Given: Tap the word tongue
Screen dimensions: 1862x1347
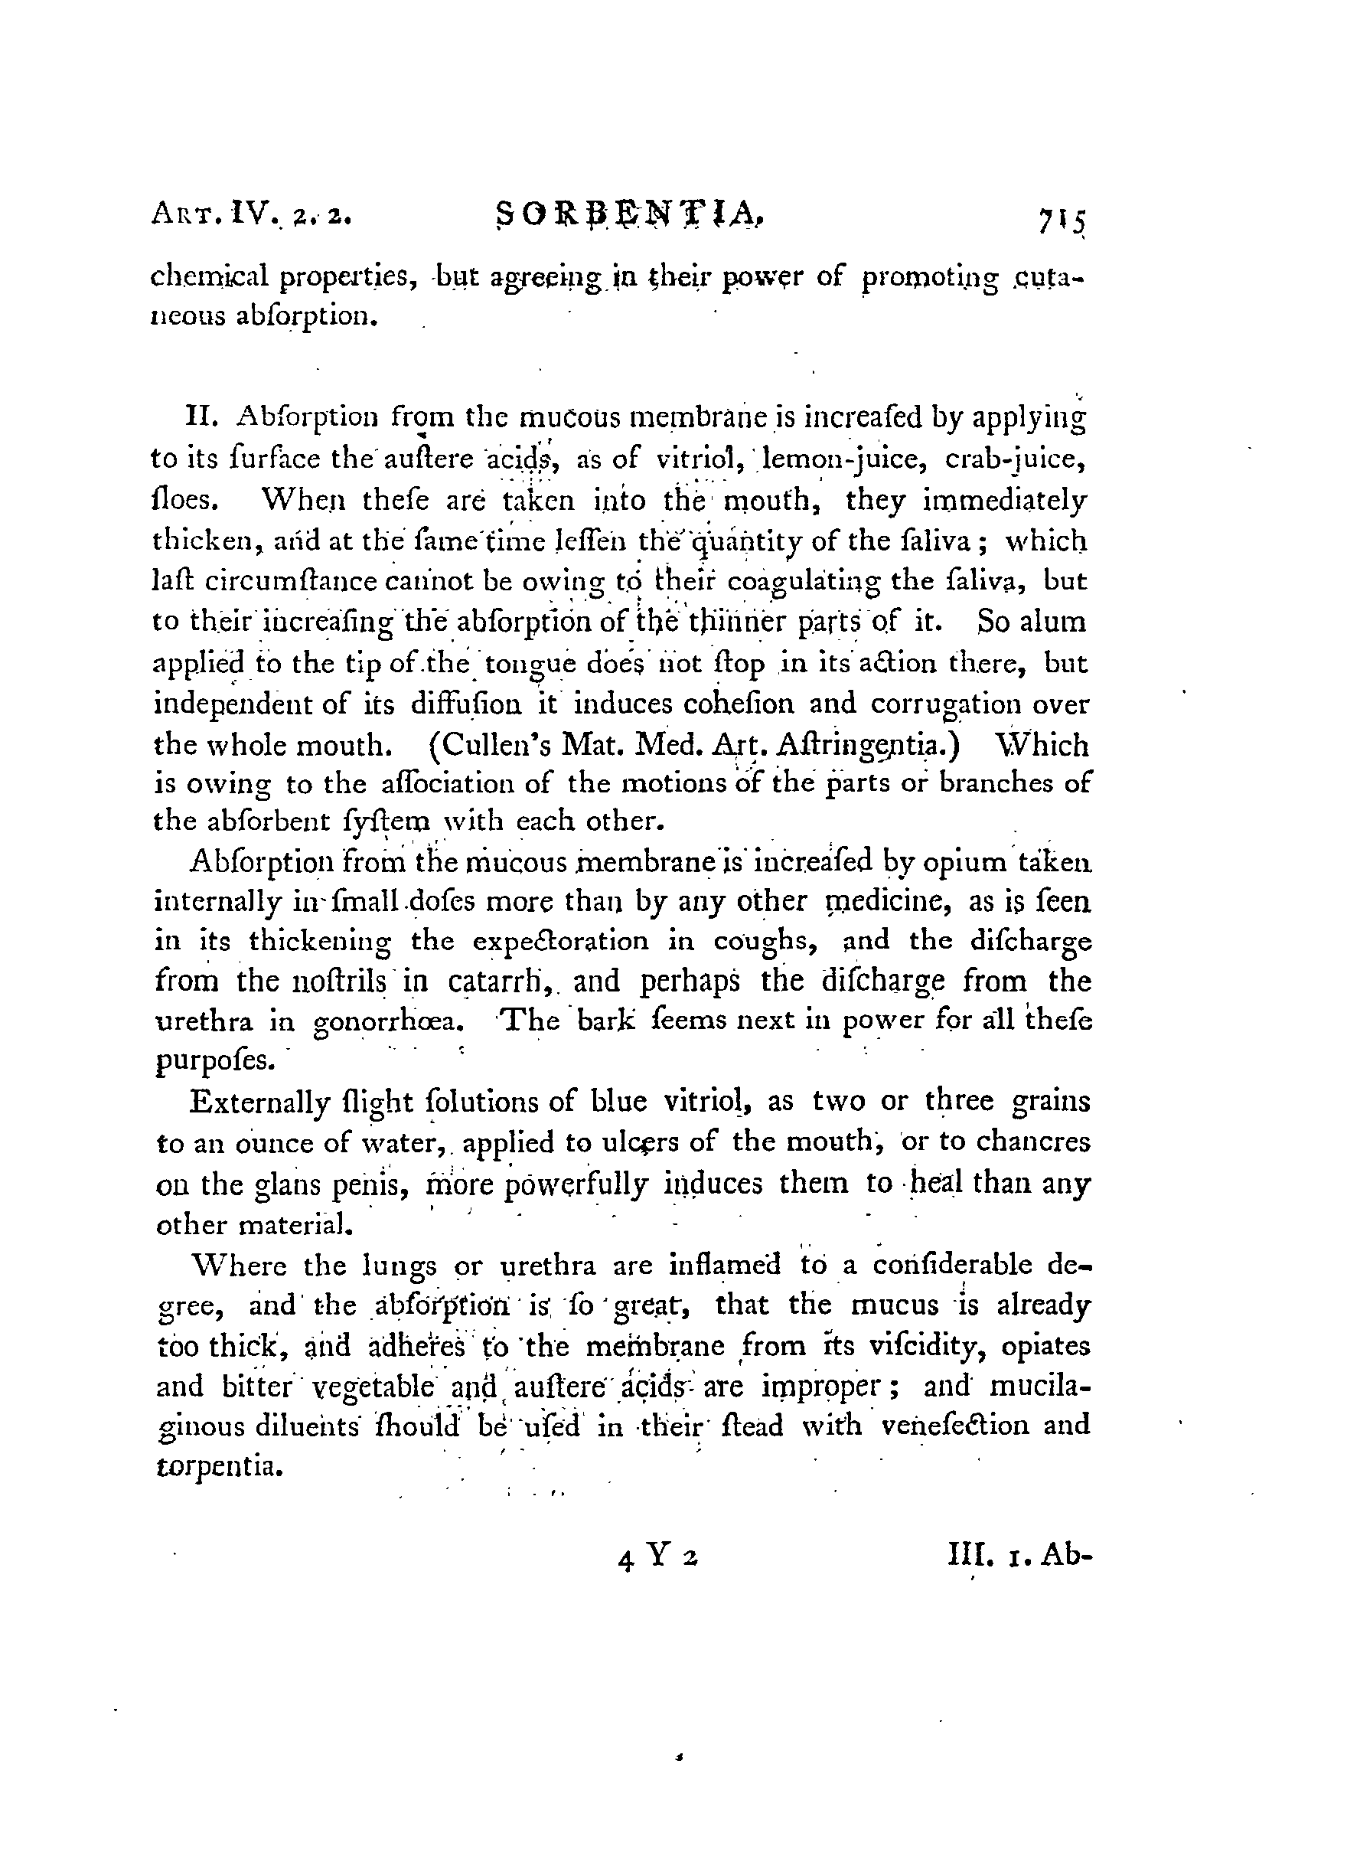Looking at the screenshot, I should point(525,664).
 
